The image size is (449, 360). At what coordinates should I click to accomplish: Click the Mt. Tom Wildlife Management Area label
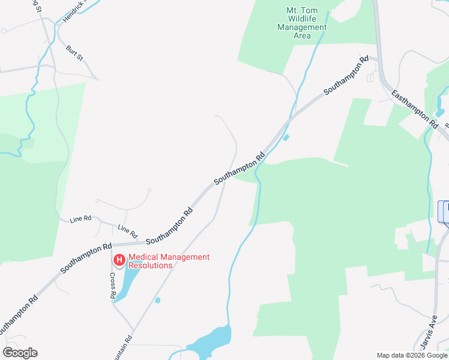(302, 23)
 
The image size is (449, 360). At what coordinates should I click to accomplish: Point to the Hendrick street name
(74, 11)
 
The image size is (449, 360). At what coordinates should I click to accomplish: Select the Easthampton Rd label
(414, 108)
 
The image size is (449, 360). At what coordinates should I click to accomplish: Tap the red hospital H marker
(119, 260)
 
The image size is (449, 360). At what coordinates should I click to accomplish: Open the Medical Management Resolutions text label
(169, 261)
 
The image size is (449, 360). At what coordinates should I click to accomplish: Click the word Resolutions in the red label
(151, 265)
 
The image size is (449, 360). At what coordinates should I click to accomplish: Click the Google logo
(20, 353)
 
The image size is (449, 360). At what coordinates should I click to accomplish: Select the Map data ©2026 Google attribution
(412, 355)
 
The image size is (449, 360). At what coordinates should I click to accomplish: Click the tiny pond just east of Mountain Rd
(157, 300)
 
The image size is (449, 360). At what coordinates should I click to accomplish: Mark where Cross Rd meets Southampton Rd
(113, 245)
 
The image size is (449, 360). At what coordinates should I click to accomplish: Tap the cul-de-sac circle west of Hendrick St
(4, 30)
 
